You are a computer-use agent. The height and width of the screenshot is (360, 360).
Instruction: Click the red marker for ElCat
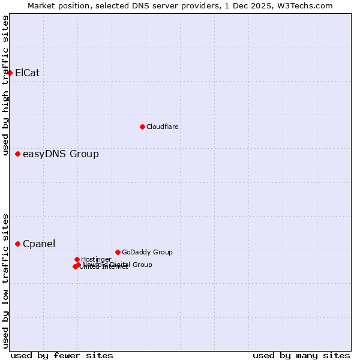click(x=10, y=73)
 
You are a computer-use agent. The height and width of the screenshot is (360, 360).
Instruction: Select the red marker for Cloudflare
click(x=142, y=127)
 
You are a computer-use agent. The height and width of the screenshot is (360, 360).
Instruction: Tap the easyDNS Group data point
click(x=18, y=154)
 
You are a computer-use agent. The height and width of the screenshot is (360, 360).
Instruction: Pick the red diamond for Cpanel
click(x=18, y=244)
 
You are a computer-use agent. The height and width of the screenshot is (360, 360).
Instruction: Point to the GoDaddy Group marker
click(x=118, y=252)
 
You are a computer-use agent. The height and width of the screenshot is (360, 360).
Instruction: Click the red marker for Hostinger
click(x=77, y=259)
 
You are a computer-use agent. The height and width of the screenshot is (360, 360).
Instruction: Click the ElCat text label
click(x=27, y=73)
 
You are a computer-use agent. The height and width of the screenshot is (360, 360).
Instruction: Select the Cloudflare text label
click(x=163, y=127)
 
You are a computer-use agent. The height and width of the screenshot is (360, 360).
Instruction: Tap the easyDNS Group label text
click(x=61, y=154)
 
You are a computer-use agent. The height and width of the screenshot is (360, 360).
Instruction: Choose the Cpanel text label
click(x=39, y=244)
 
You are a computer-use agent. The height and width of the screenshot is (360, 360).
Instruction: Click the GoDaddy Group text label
click(x=147, y=252)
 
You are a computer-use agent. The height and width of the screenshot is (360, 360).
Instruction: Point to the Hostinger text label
click(x=96, y=259)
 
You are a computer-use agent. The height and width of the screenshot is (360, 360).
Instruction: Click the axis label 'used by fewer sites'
click(x=62, y=356)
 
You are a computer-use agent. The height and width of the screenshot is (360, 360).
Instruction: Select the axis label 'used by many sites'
click(x=301, y=356)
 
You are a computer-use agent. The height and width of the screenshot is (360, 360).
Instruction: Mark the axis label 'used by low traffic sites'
click(x=6, y=281)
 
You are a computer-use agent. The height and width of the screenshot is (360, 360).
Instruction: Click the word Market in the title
click(x=41, y=5)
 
